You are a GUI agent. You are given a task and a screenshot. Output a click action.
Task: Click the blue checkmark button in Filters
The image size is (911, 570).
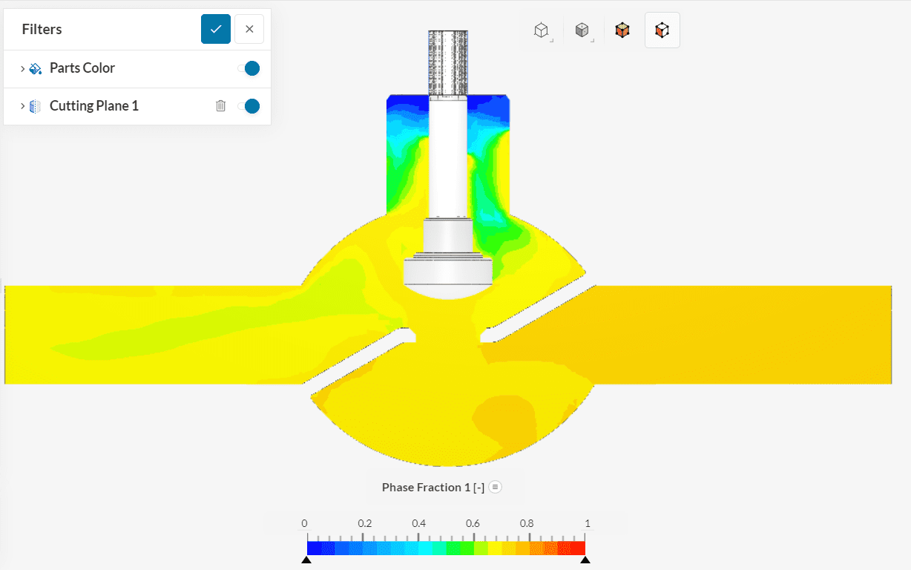pos(216,29)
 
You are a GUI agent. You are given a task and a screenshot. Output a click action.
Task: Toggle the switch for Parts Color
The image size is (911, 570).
pos(249,68)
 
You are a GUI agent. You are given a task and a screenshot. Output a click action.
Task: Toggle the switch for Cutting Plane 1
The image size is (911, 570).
pos(249,106)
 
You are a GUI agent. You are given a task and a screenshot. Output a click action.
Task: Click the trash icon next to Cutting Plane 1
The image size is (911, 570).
pos(220,106)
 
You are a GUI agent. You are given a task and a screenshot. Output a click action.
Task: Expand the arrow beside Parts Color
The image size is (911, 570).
pos(23,68)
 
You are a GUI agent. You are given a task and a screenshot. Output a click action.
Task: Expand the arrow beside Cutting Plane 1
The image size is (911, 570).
pos(23,106)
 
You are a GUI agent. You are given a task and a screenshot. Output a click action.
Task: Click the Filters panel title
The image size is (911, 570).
pos(42,29)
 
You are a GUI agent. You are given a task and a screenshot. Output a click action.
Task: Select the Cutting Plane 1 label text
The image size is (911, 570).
pos(94,106)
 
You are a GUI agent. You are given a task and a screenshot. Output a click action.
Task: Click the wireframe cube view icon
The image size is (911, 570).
pos(542,30)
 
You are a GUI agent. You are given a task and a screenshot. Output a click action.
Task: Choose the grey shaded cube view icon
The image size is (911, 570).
pos(582,30)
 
